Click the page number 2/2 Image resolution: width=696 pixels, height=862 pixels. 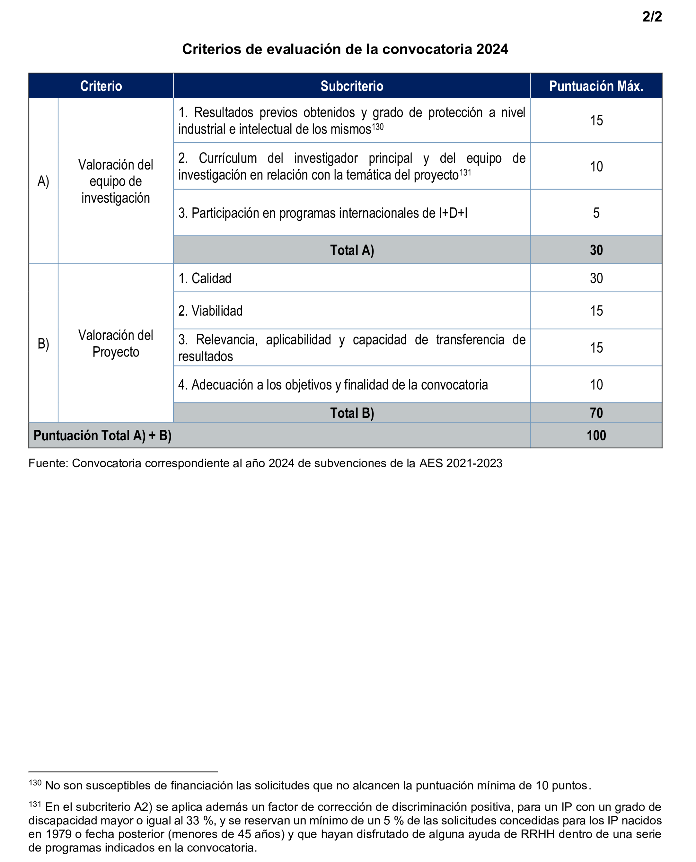(x=652, y=16)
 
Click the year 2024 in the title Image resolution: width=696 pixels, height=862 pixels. (x=492, y=49)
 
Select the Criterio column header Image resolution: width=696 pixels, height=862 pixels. (x=101, y=86)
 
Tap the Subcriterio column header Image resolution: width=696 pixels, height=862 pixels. (x=352, y=86)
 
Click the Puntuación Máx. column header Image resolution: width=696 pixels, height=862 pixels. (x=596, y=86)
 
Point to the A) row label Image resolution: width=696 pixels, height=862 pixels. (x=43, y=181)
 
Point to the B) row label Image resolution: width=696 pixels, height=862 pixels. (x=43, y=344)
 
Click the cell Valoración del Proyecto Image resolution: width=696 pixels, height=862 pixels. (x=116, y=344)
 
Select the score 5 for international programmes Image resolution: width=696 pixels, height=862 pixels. (x=596, y=213)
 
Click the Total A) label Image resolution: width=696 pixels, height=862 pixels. (x=352, y=250)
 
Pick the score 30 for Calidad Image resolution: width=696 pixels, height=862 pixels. (x=596, y=278)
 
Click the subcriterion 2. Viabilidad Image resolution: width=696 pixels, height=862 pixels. (x=211, y=311)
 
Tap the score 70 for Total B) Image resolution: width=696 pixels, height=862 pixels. (x=596, y=413)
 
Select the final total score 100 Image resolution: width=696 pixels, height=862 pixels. (x=596, y=435)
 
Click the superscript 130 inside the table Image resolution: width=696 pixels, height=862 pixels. (x=378, y=127)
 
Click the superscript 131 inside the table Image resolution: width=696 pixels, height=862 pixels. (x=465, y=173)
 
